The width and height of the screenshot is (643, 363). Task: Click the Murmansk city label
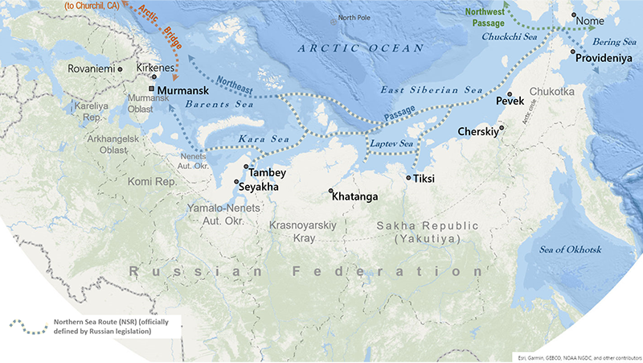coord(186,92)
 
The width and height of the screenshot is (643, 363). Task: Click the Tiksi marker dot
coord(409,178)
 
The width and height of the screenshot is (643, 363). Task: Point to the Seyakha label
coord(258,187)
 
